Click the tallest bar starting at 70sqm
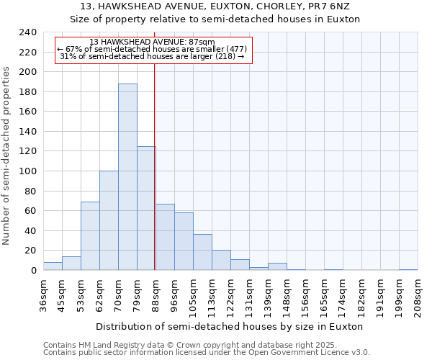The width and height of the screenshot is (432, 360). [x=127, y=176]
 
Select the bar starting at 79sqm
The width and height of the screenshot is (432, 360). [x=146, y=208]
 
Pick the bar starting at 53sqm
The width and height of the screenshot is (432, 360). [x=90, y=235]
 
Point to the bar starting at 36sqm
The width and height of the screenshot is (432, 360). [x=53, y=266]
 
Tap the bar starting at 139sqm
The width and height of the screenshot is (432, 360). [x=277, y=266]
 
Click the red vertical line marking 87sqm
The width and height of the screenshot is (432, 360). [x=155, y=180]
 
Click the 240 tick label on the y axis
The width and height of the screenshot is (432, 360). [x=27, y=32]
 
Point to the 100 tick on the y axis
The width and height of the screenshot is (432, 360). [x=27, y=171]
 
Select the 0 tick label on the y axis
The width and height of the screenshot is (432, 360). [x=33, y=271]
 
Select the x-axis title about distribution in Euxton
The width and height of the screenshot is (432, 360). [x=230, y=326]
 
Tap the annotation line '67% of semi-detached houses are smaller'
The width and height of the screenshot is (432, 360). [x=153, y=49]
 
